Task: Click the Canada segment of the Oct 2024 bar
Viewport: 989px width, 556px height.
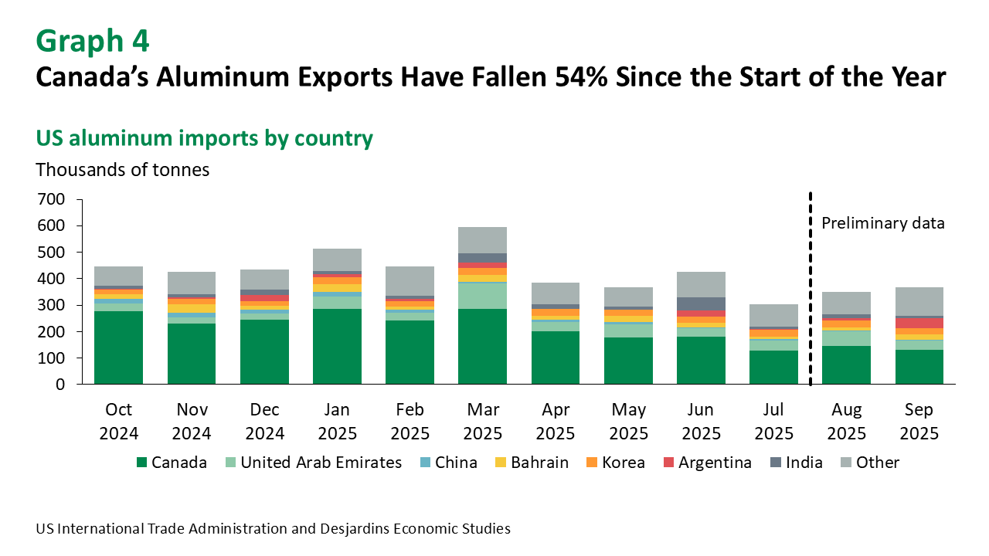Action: point(118,347)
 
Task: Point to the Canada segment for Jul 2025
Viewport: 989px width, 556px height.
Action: point(773,368)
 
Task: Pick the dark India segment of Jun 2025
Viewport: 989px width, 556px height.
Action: point(701,303)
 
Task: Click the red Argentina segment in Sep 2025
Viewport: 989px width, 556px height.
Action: point(919,323)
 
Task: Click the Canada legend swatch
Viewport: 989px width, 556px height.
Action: point(141,463)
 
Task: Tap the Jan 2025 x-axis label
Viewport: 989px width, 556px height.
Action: point(337,422)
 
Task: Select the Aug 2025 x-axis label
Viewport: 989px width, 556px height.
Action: point(846,422)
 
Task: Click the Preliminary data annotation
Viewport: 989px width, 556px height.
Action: point(882,223)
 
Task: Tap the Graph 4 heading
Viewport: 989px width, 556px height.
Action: point(93,40)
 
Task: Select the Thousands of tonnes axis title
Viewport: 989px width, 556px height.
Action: point(122,170)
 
